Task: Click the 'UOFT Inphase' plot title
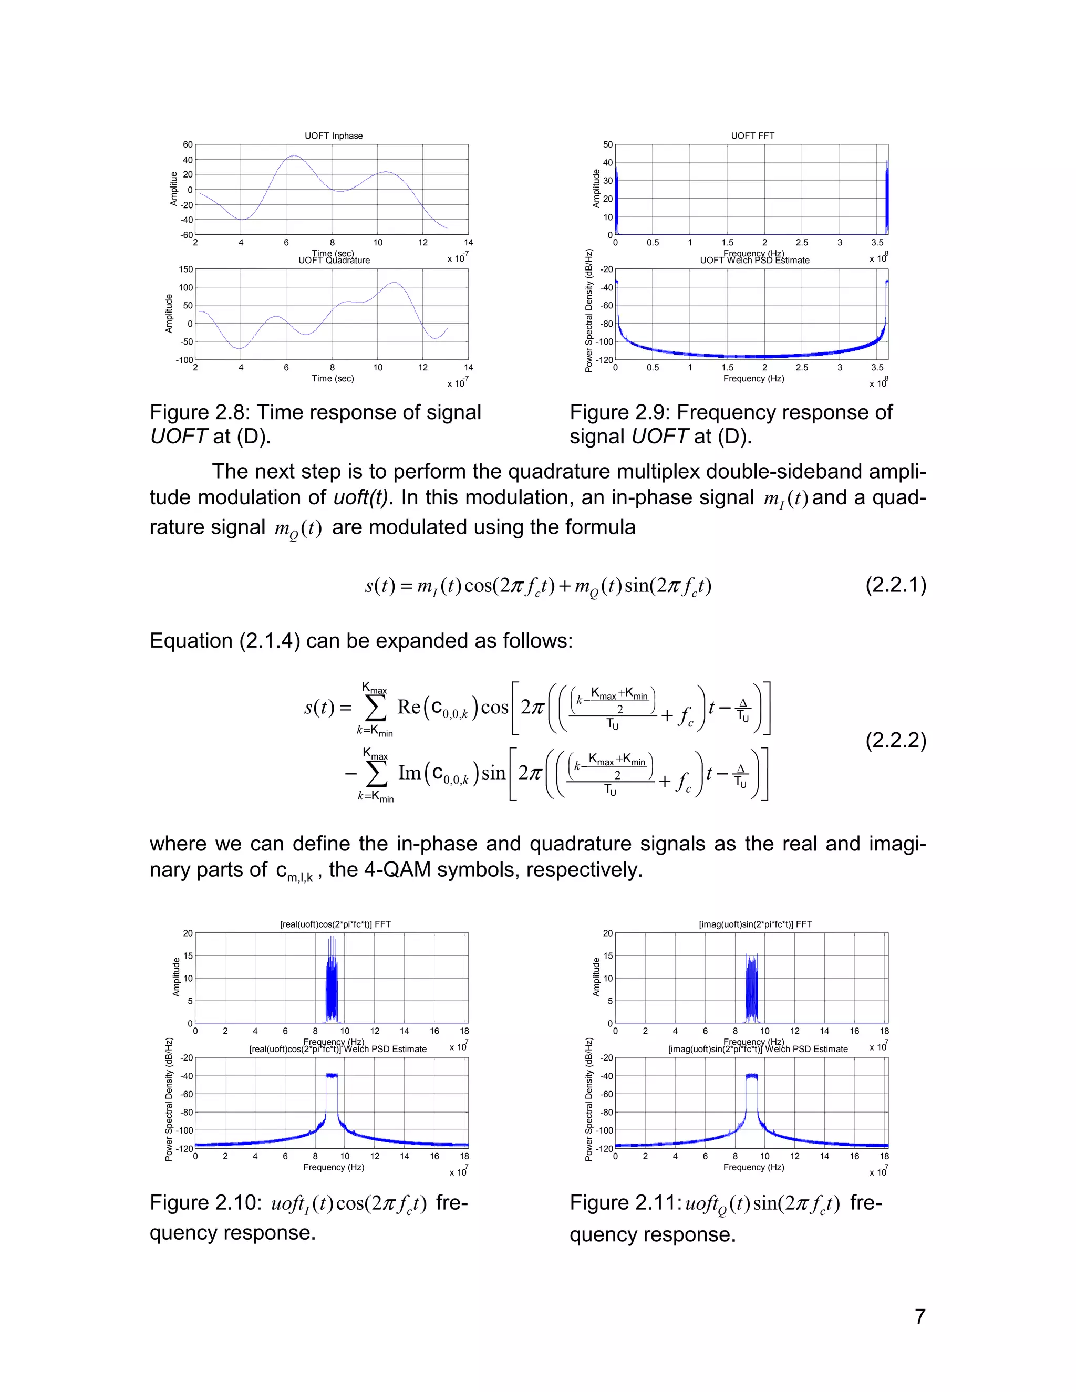[334, 136]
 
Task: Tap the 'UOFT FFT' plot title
[752, 136]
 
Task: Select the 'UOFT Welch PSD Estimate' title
[755, 260]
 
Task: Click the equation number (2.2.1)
[895, 585]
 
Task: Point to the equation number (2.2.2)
[895, 740]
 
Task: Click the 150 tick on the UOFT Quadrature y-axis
[185, 269]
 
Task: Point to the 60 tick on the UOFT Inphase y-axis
[188, 144]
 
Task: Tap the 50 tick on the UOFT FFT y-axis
[607, 144]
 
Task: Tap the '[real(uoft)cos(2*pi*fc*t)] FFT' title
[335, 924]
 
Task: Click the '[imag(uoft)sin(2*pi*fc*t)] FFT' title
[756, 924]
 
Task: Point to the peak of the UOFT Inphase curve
[293, 155]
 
